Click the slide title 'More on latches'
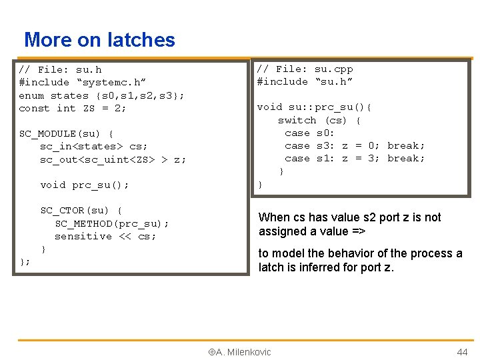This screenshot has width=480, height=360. point(99,40)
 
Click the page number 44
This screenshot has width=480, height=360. point(462,352)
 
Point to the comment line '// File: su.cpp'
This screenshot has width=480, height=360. point(305,69)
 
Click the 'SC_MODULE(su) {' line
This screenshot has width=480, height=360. point(66,133)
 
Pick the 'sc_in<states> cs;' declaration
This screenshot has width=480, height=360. point(93,146)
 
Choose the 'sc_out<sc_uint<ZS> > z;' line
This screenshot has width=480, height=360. point(113,159)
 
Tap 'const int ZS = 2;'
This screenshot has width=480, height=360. point(72,108)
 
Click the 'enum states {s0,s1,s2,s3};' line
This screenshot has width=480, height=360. point(102,95)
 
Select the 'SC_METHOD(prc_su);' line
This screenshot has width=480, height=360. point(111,223)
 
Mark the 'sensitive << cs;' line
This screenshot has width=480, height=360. point(105,236)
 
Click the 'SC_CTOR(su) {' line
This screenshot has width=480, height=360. point(80,211)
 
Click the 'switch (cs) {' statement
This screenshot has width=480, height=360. point(319,120)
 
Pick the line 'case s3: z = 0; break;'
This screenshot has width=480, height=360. point(354,145)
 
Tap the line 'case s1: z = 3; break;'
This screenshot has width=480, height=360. point(354,158)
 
